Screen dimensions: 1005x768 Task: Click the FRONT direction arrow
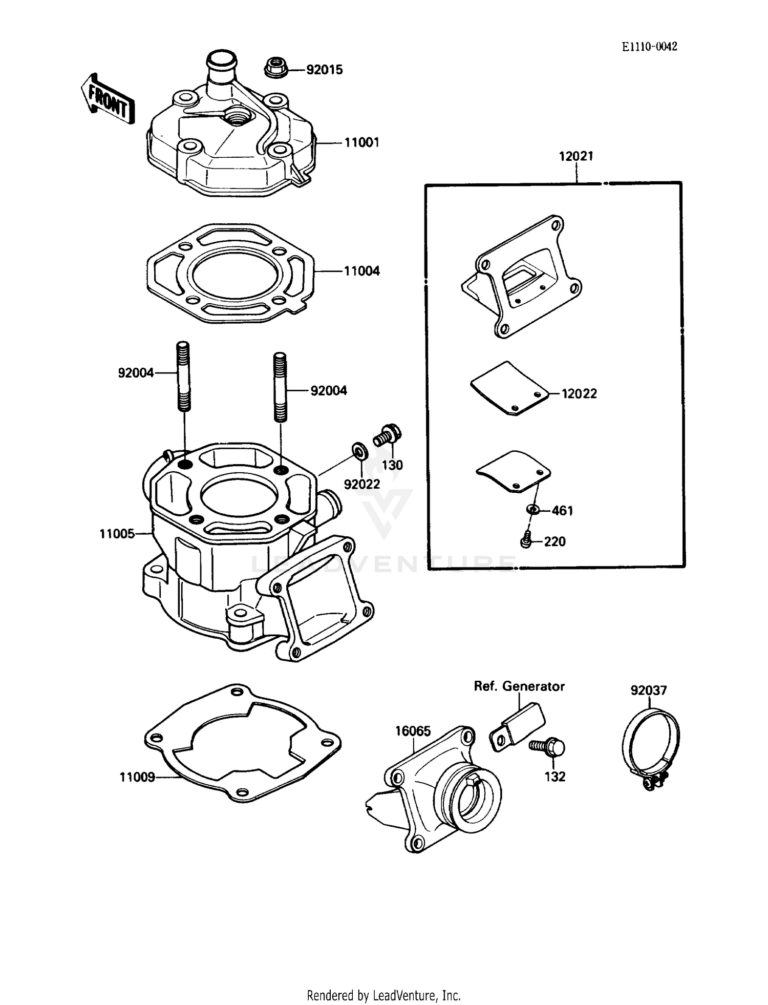pos(108,99)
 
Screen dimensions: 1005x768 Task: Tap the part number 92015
pos(324,70)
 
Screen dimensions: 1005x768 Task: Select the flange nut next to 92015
pos(276,68)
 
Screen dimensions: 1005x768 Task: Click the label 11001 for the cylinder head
pos(361,142)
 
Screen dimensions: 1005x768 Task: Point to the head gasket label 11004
pos(361,271)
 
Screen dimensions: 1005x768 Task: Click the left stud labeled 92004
pos(183,376)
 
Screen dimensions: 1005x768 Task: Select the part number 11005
pos(117,534)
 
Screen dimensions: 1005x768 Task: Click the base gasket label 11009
pos(137,777)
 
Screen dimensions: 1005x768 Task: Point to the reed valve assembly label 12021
pos(575,156)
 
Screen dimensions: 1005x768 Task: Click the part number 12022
pos(579,393)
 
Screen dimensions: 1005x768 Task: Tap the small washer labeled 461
pos(532,510)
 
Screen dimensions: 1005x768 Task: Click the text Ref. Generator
pos(519,686)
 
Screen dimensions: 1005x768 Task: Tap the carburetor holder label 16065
pos(413,731)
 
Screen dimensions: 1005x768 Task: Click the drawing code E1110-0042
pos(649,47)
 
